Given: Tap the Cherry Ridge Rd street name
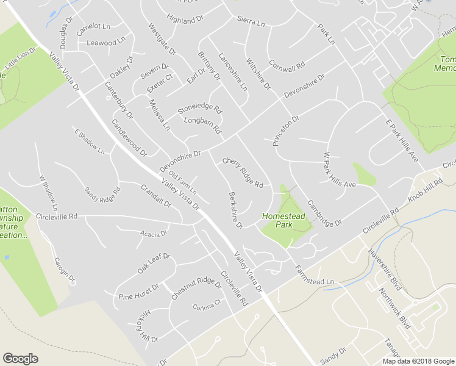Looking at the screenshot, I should [x=243, y=173].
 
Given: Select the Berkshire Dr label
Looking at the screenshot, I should [x=235, y=210].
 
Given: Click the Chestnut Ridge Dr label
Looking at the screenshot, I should [x=196, y=288].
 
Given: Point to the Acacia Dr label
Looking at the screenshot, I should [x=154, y=234].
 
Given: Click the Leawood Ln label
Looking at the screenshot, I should [x=102, y=43].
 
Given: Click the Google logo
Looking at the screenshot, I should [x=20, y=359].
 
